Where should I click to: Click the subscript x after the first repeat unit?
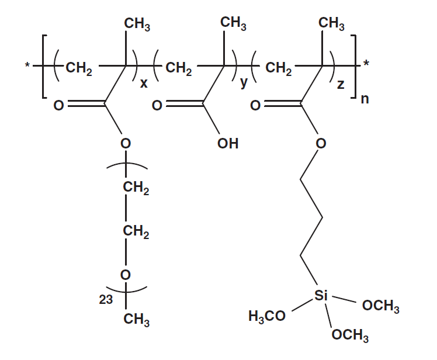143,84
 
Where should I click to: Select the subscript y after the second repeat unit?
244,84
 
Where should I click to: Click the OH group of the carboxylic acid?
228,143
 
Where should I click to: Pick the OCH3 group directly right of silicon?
381,306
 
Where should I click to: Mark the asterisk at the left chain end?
27,63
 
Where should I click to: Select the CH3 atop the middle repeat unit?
234,24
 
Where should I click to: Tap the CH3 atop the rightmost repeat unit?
331,24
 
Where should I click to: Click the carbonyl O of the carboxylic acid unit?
156,106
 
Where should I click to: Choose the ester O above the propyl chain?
320,143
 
